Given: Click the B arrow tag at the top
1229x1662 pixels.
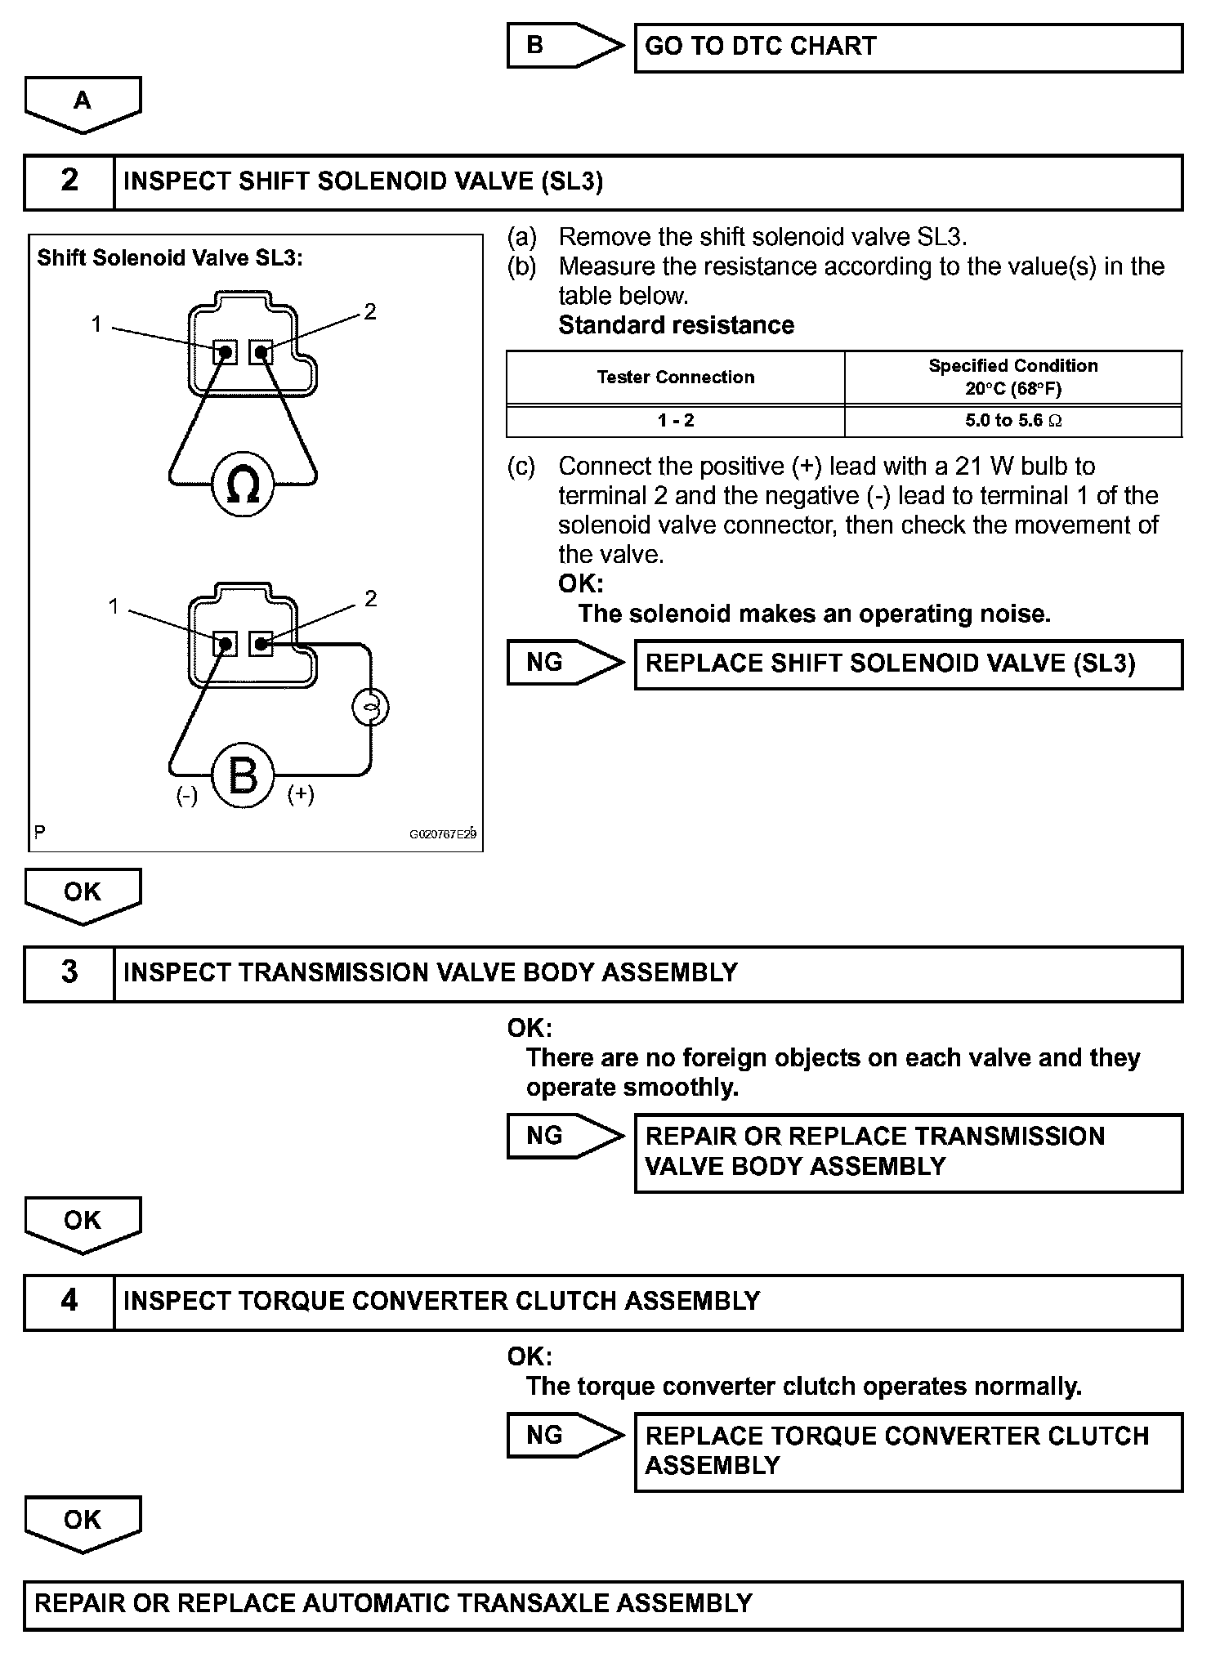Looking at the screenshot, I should [x=556, y=46].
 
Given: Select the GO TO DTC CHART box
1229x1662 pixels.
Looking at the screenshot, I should [x=908, y=47].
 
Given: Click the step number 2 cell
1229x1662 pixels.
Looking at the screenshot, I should [x=69, y=181].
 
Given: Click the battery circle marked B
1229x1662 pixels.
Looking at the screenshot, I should [x=243, y=775].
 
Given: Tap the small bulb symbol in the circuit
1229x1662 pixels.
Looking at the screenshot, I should [x=370, y=708].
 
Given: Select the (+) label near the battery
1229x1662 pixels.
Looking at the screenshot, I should [x=301, y=793].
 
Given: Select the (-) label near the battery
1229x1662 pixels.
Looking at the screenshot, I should [x=187, y=795].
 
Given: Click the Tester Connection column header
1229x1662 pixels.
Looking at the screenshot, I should [x=675, y=378].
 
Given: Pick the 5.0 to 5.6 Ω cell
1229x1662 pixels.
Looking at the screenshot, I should [x=1012, y=421].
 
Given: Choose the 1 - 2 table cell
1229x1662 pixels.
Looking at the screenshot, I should [x=675, y=421].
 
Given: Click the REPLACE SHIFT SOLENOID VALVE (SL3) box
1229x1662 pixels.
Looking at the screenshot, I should [x=908, y=663].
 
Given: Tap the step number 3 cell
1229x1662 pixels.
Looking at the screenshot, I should [x=69, y=972].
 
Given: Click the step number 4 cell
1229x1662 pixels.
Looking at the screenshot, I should [x=69, y=1301].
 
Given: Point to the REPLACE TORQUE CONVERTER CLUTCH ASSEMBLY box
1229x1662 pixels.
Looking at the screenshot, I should [x=908, y=1451].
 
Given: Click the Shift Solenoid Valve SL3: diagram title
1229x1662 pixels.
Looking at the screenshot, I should [x=170, y=258].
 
